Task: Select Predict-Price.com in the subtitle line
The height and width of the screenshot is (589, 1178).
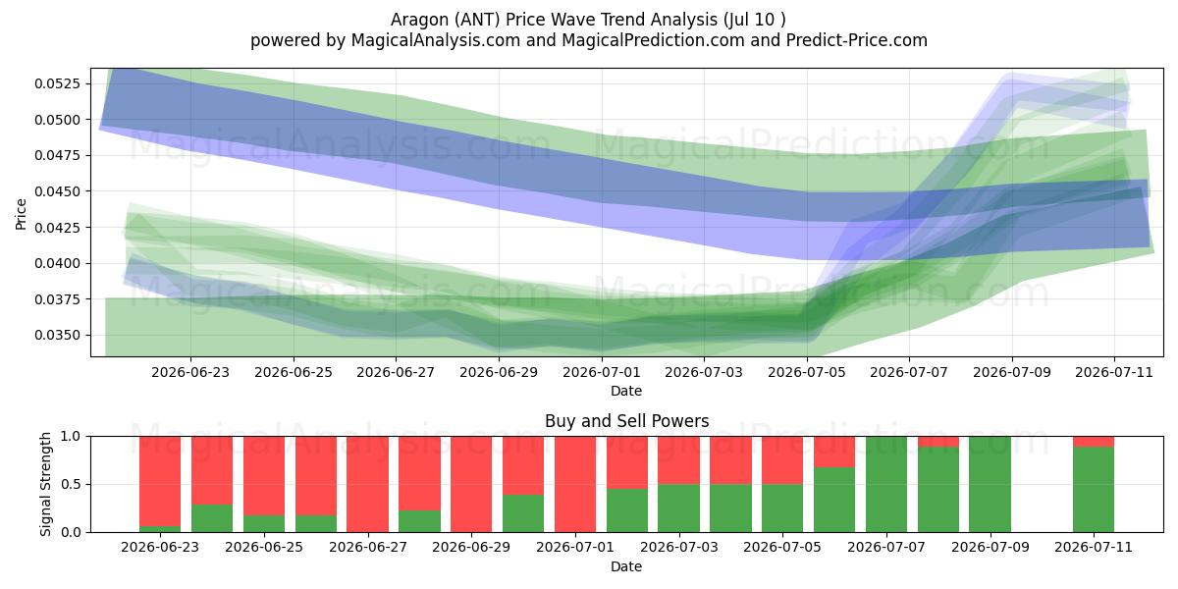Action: [x=857, y=40]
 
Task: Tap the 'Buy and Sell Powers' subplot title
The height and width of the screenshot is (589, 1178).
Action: [x=627, y=421]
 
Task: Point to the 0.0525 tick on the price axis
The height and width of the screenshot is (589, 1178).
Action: [x=57, y=83]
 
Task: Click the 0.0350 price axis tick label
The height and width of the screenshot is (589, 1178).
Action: [x=57, y=335]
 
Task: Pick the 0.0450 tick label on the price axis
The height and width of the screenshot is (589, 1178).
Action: [x=57, y=191]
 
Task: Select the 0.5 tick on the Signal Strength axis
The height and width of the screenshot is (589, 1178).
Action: [x=71, y=484]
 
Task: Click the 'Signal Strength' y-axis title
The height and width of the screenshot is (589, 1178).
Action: [x=45, y=484]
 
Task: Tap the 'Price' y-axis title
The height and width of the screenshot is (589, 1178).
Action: [x=21, y=214]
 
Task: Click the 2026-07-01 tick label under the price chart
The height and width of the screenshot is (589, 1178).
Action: [x=602, y=372]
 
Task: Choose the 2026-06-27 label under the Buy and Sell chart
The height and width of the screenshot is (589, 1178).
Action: [x=368, y=547]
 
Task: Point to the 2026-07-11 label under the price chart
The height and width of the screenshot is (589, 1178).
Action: [x=1114, y=372]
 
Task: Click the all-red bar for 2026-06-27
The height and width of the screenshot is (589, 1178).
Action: [x=367, y=484]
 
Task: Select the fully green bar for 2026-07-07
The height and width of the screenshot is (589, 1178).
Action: [x=886, y=484]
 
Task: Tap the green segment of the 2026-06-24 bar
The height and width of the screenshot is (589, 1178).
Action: [x=212, y=518]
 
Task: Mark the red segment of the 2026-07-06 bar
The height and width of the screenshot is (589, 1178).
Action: [x=834, y=452]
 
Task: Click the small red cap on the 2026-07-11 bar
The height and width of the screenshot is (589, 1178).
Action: [x=1094, y=441]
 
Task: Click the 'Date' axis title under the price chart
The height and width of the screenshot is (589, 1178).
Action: [x=626, y=391]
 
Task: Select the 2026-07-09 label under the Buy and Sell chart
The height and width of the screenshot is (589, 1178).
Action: [x=991, y=547]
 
